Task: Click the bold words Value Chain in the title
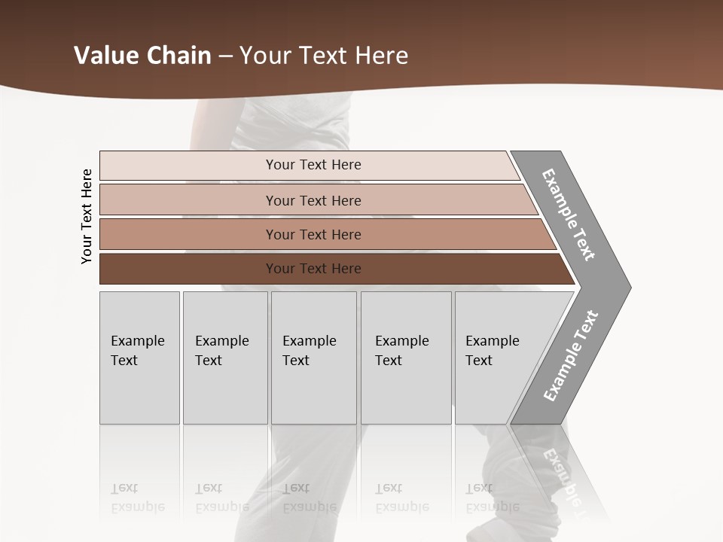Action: [x=142, y=56]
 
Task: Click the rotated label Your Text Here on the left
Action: [x=87, y=216]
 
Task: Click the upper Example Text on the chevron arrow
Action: [x=569, y=215]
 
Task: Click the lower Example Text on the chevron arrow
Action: [x=571, y=356]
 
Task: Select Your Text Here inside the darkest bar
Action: [x=313, y=269]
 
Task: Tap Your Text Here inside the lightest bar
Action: [x=313, y=165]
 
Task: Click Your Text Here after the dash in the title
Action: [x=324, y=56]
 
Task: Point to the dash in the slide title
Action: [x=225, y=56]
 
